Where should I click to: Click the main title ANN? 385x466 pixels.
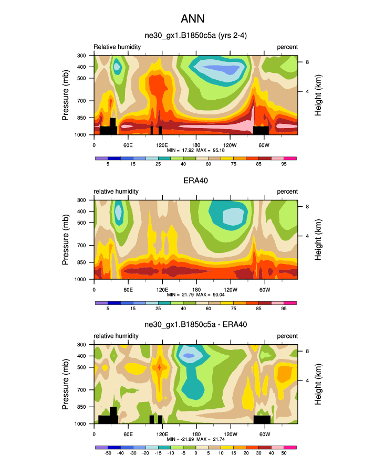point(192,19)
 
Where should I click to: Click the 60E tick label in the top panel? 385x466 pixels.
point(128,145)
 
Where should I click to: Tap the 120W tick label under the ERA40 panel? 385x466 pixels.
point(230,290)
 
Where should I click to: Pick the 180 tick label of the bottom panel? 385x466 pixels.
point(196,434)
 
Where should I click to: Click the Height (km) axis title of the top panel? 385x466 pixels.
point(318,95)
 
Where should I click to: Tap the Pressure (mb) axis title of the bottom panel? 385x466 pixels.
point(66,384)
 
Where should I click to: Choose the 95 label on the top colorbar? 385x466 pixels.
point(284,164)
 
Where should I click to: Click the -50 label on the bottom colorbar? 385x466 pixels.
point(108,453)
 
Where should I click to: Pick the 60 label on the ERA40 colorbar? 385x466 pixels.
point(209,309)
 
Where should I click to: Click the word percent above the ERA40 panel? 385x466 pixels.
point(287,192)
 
